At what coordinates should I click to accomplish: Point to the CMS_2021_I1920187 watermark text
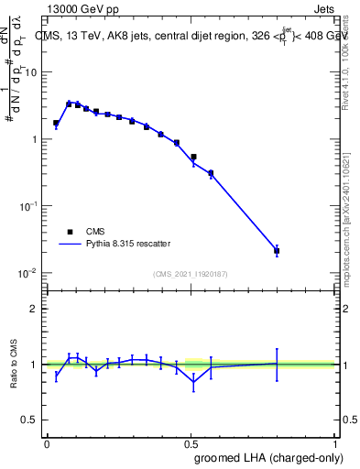[191, 274]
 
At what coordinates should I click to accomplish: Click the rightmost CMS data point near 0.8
[277, 250]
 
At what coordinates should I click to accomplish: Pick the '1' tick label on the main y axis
[35, 139]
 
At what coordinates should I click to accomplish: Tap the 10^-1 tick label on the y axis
[30, 207]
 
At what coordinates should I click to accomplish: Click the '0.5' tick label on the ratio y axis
[31, 420]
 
